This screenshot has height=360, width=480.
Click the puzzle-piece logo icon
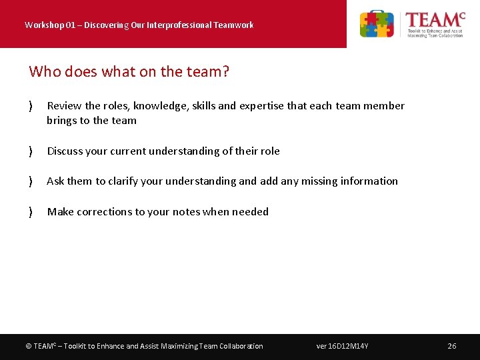[377, 24]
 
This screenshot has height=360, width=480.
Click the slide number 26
[452, 346]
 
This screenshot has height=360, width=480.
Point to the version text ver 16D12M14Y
[343, 346]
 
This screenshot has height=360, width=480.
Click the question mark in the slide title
[225, 71]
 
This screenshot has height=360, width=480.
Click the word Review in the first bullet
[65, 105]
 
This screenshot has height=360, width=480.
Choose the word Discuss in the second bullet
[66, 151]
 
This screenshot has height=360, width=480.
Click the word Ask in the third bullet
[56, 181]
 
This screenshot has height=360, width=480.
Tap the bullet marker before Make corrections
[31, 212]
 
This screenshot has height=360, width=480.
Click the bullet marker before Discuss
[31, 151]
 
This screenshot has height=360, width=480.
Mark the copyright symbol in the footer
[28, 346]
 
